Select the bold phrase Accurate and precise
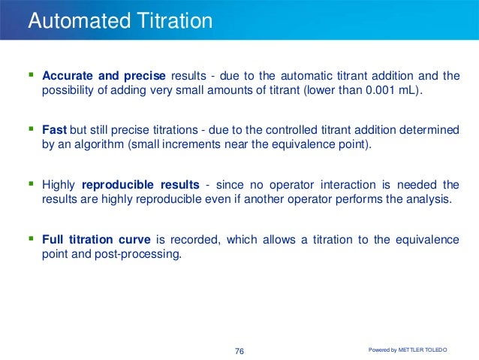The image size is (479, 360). click(104, 76)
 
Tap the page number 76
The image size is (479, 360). click(240, 351)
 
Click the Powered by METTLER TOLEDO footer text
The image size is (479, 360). click(409, 349)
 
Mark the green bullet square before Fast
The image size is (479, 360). click(31, 129)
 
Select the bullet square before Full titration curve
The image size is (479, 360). click(31, 239)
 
